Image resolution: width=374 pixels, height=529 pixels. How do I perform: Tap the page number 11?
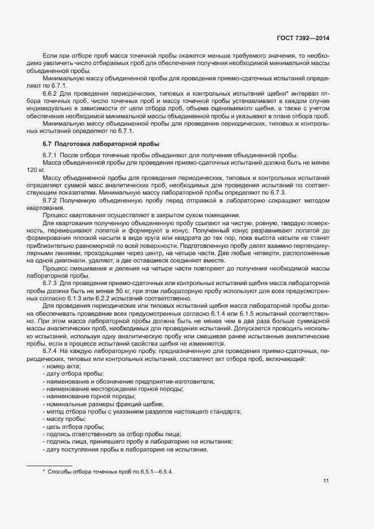[326, 481]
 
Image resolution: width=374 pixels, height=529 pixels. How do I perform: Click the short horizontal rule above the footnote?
[50, 465]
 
